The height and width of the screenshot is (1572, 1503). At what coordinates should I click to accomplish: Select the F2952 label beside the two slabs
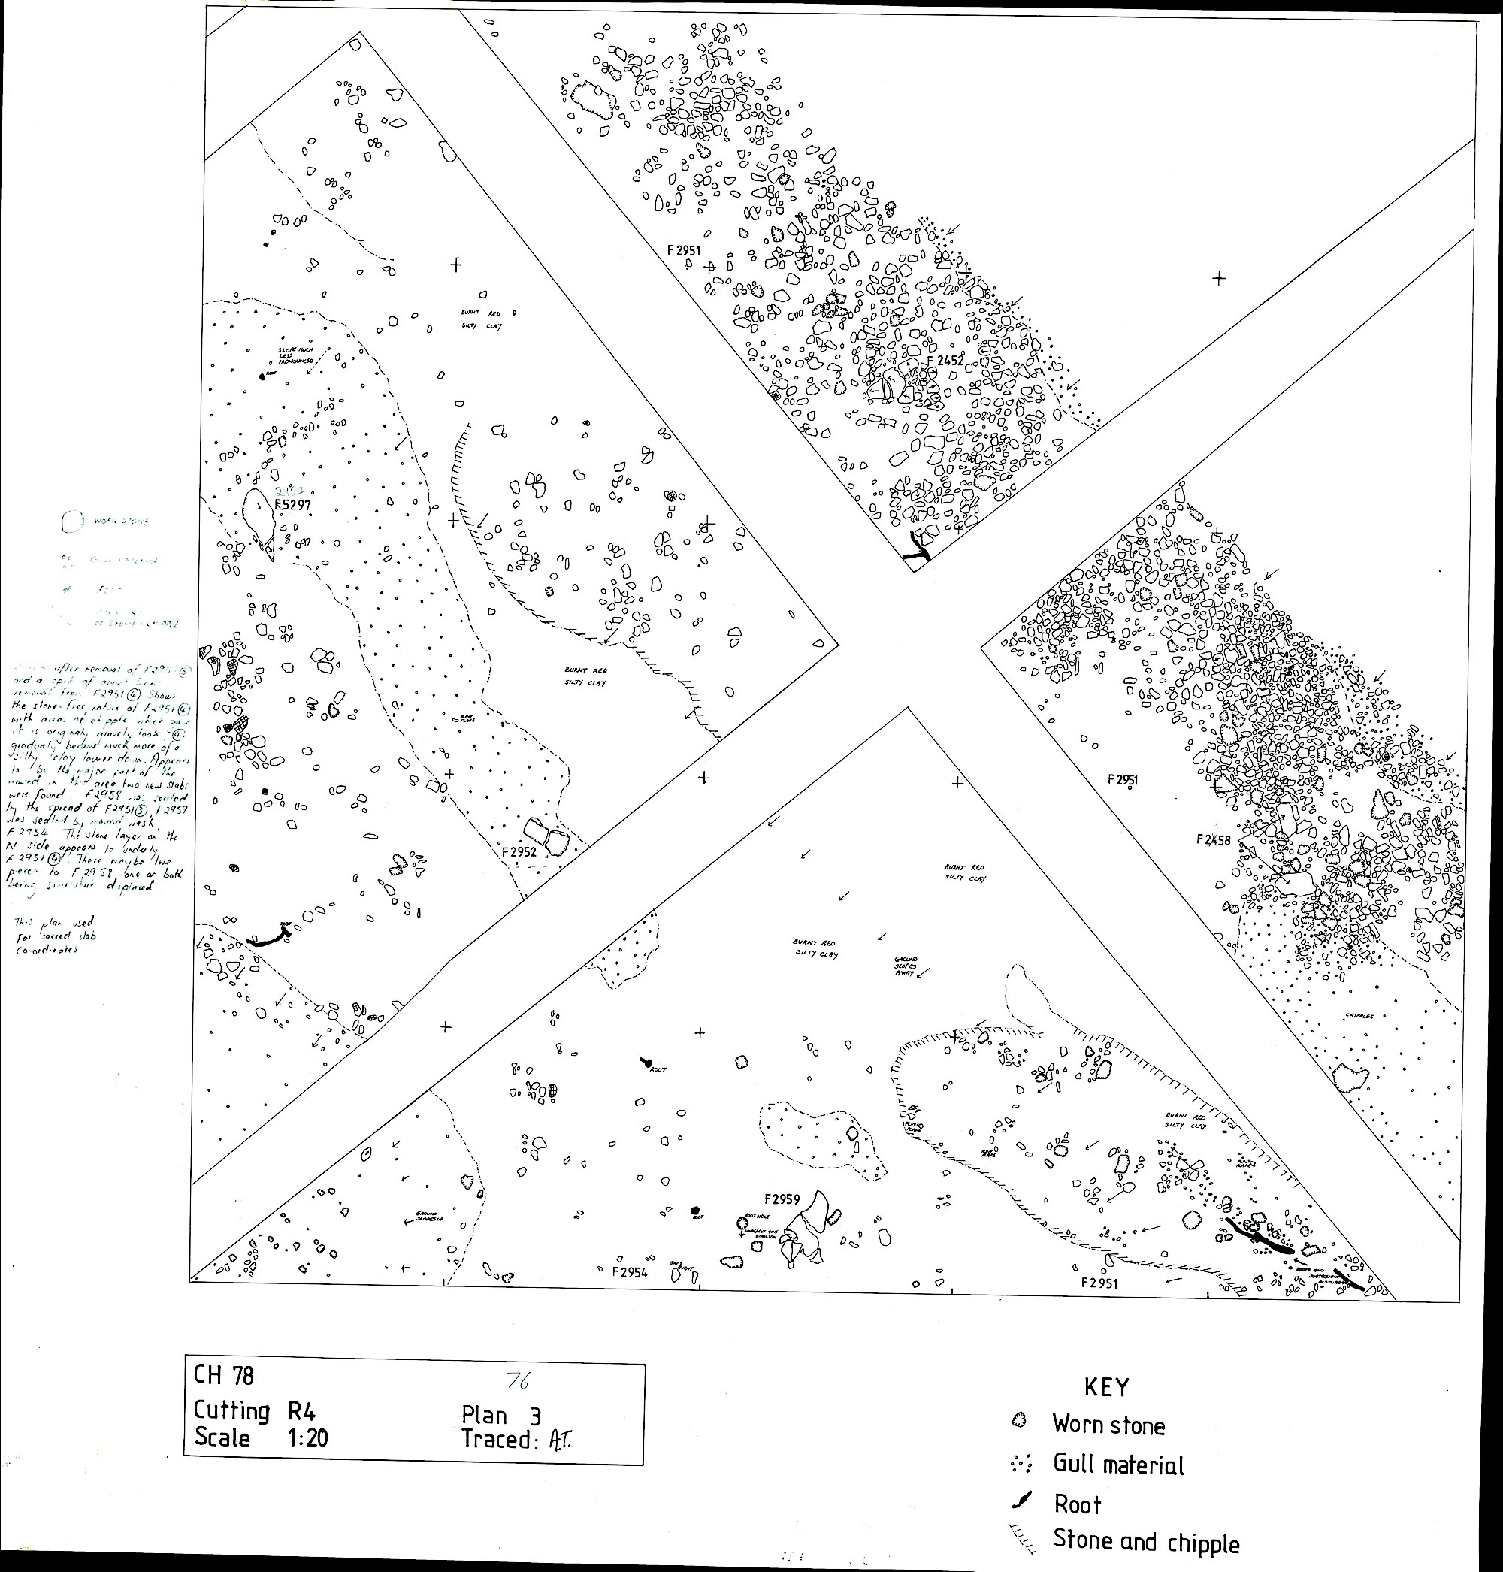click(519, 851)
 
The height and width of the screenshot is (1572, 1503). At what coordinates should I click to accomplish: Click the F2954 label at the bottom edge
click(629, 1272)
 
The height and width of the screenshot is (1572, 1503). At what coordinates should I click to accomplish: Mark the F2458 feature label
click(1213, 839)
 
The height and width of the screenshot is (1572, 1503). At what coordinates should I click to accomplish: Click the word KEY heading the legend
click(1105, 1387)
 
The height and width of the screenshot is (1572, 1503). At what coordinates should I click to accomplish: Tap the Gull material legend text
click(1117, 1465)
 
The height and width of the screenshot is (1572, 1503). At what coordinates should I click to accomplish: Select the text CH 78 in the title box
click(223, 1375)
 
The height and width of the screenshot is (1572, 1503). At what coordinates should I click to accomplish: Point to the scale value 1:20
click(307, 1437)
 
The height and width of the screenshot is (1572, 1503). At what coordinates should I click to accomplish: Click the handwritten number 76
click(518, 1380)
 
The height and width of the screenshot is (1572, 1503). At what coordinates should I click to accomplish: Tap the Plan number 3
click(534, 1416)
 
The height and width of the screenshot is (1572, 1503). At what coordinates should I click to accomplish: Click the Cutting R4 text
click(255, 1410)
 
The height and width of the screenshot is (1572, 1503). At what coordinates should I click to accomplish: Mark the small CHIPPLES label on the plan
click(1359, 1016)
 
